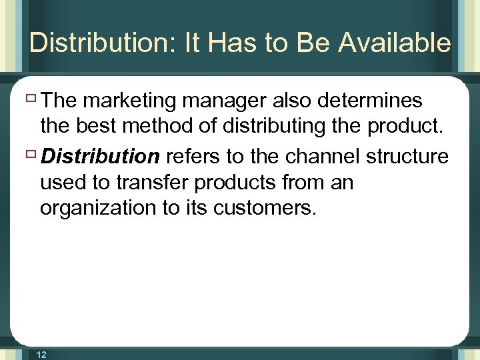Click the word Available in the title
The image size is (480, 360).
(x=394, y=43)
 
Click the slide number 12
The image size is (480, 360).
(x=41, y=355)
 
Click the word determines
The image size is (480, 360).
(x=371, y=101)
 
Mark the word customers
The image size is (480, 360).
(x=263, y=208)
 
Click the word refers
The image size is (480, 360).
(x=191, y=157)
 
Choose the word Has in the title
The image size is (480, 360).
(x=230, y=43)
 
